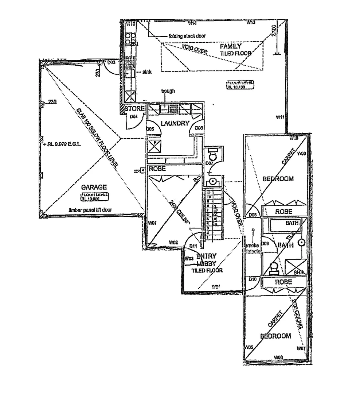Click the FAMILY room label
[x=230, y=46]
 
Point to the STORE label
[x=134, y=109]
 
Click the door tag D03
[x=111, y=62]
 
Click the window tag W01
[x=152, y=223]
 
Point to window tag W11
[x=280, y=117]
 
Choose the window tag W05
[x=249, y=347]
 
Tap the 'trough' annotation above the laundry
[x=168, y=91]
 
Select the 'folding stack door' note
[x=187, y=36]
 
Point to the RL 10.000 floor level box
[x=95, y=197]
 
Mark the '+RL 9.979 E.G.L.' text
[x=62, y=144]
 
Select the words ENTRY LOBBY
[x=206, y=259]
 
